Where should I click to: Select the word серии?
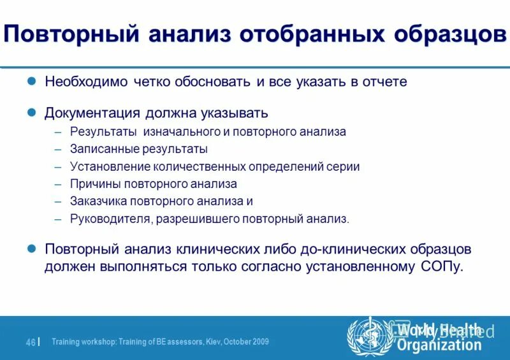[x=346, y=167]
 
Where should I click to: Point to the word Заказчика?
[x=98, y=201]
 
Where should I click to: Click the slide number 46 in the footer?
[x=30, y=342]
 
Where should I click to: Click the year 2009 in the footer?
[x=259, y=342]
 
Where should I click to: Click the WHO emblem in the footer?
[x=368, y=336]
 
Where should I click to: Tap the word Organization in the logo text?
[x=439, y=345]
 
